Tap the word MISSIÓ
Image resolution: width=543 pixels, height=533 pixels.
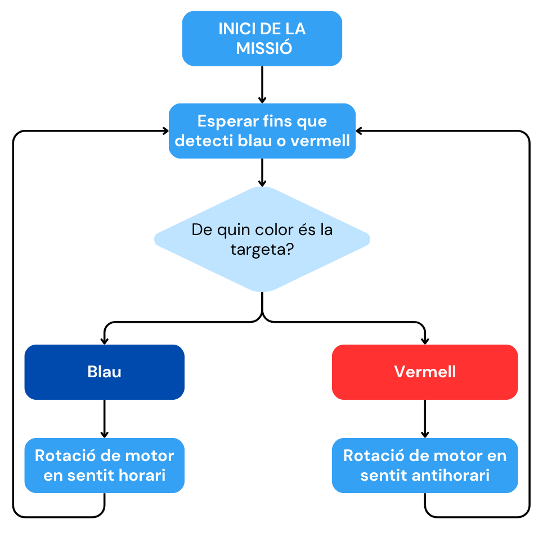(x=264, y=48)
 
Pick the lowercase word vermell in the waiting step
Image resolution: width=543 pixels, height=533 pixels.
(x=320, y=140)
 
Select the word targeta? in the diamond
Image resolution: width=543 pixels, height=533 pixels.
(x=262, y=249)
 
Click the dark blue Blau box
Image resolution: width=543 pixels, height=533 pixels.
(x=105, y=372)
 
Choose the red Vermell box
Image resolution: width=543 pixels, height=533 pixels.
(x=425, y=372)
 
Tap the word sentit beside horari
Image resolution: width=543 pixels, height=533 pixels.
(x=91, y=475)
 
